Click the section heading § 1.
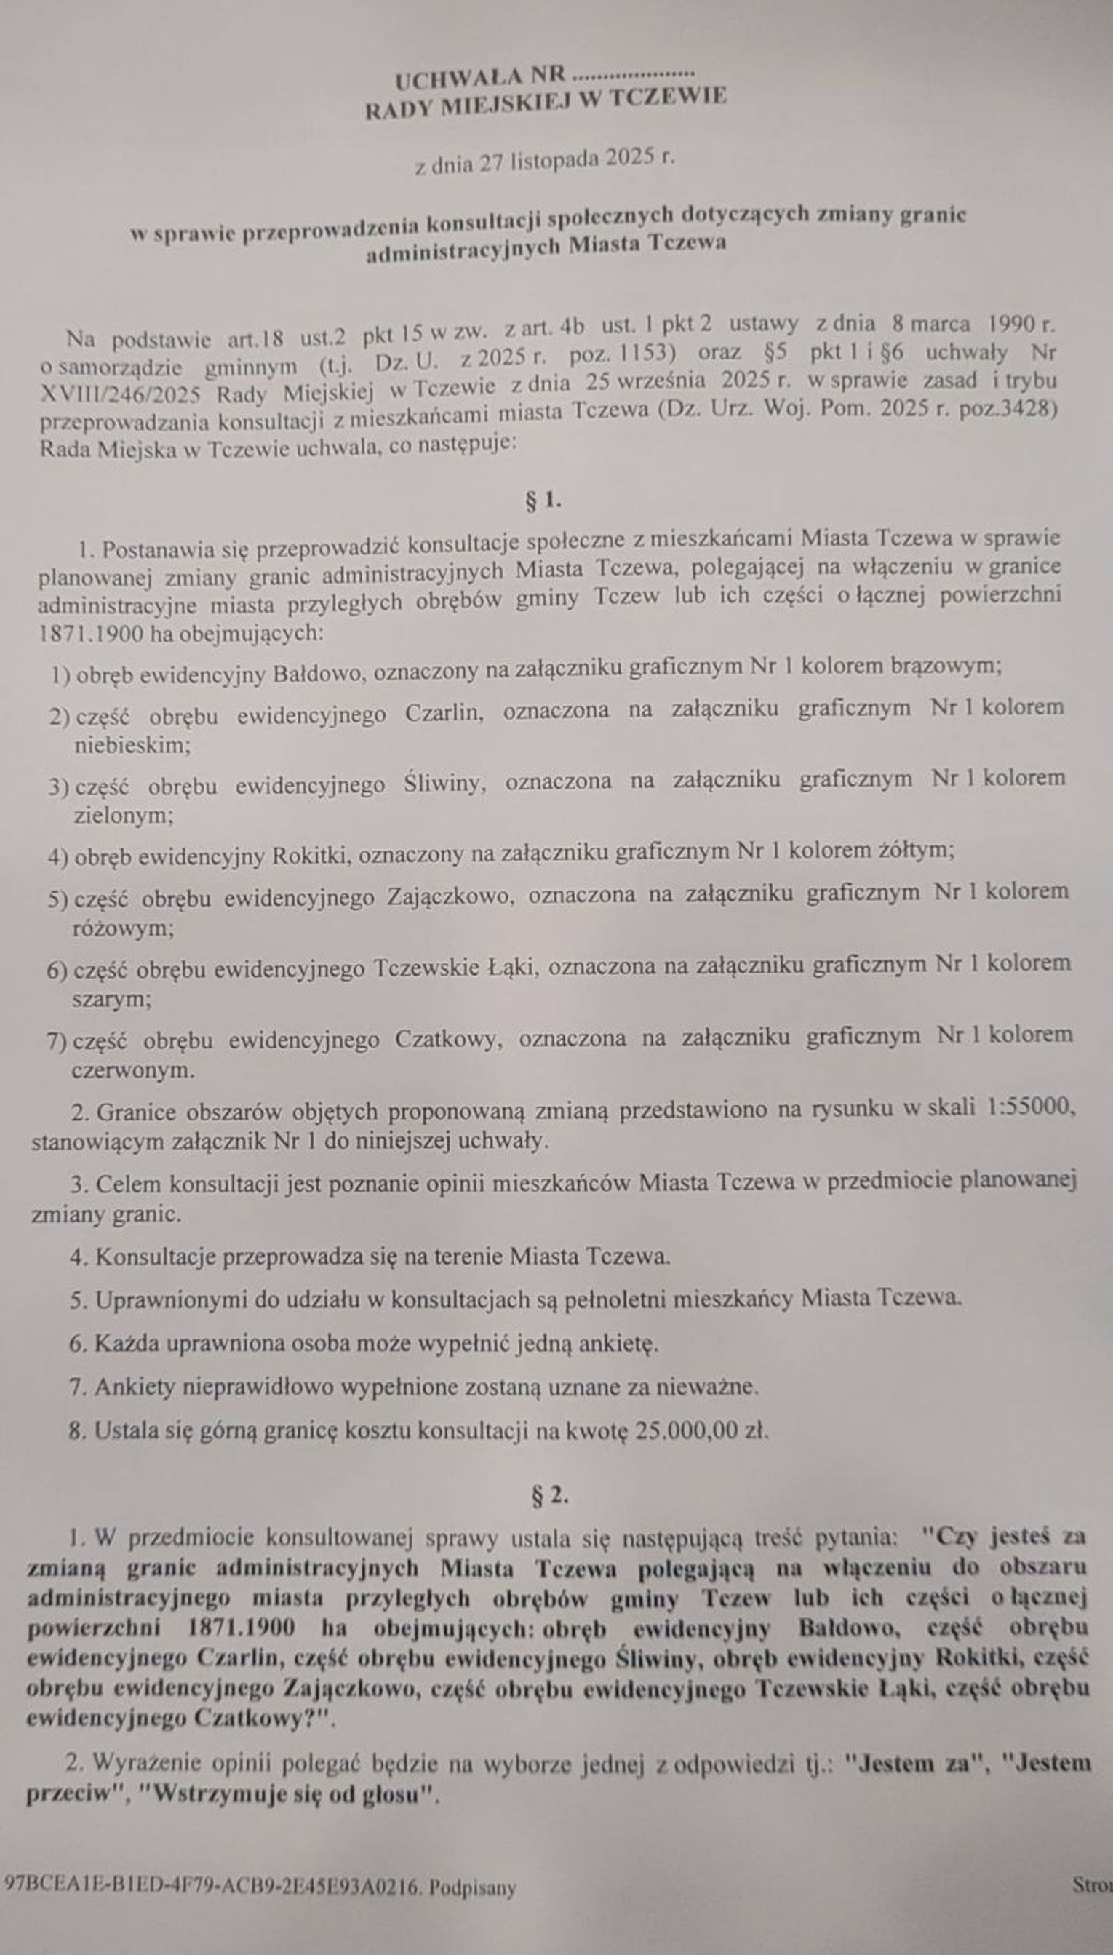point(543,501)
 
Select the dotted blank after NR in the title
point(633,74)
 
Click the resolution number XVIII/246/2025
point(120,396)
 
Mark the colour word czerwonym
point(132,1070)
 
